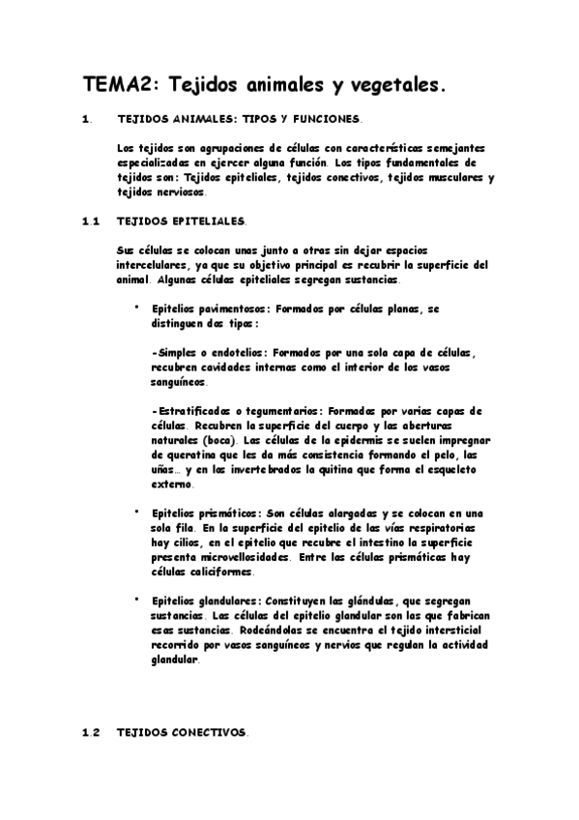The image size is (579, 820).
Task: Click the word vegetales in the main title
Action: pos(397,86)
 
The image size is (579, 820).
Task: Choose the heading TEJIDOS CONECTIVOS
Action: pos(182,733)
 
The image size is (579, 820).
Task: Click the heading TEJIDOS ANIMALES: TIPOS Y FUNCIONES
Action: pos(238,121)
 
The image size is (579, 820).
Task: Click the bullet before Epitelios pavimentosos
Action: pos(136,307)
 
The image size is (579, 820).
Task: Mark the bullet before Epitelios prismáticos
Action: pos(136,512)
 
